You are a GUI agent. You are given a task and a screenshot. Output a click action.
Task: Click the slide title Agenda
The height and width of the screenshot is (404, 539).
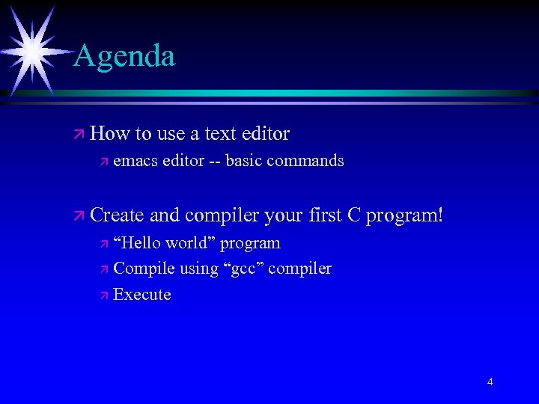click(124, 56)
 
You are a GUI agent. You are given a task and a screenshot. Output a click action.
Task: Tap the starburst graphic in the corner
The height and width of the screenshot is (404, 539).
click(31, 49)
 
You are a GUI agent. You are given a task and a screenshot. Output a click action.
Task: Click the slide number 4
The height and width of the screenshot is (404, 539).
click(490, 382)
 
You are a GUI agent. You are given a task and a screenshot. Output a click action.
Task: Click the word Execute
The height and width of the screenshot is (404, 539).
click(142, 295)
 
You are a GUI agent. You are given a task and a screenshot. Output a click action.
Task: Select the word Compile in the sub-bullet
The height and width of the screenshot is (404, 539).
click(142, 269)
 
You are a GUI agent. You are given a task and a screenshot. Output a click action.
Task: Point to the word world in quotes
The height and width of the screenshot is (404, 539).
click(189, 243)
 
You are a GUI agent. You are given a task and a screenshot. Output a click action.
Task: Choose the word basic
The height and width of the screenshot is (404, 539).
click(243, 161)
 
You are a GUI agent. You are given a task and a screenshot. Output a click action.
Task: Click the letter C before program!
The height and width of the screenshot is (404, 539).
click(354, 215)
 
